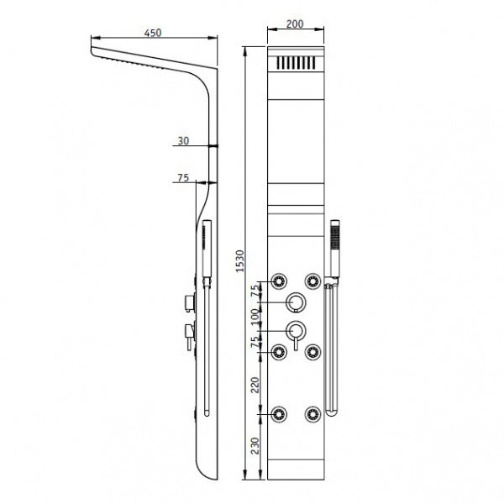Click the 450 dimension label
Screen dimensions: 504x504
click(153, 33)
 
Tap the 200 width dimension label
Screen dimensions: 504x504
click(295, 24)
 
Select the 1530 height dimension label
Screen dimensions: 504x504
click(240, 261)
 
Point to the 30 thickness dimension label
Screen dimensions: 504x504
click(183, 141)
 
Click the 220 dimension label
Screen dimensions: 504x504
click(255, 385)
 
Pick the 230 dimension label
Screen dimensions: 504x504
click(255, 446)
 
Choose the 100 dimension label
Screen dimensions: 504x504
click(255, 317)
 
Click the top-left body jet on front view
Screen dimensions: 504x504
click(279, 281)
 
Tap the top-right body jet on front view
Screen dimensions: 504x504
click(312, 281)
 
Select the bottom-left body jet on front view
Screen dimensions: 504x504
click(279, 414)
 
